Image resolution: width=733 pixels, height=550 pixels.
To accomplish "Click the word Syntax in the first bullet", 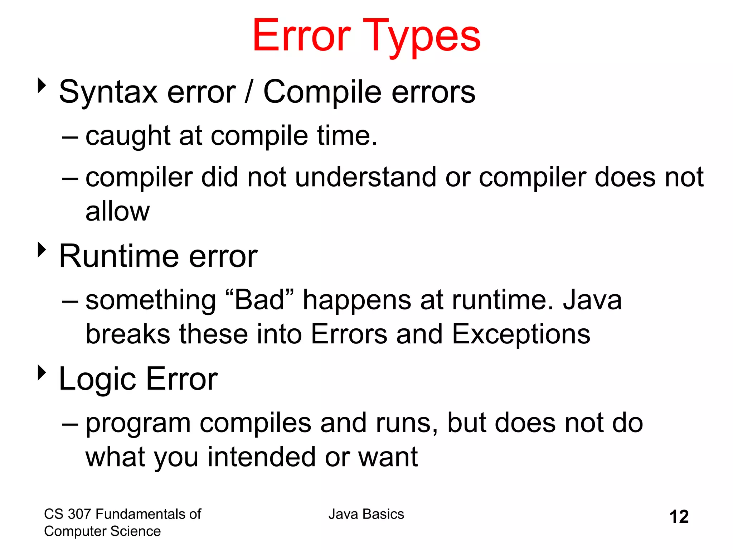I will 108,92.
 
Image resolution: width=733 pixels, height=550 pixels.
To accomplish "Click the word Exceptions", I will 521,334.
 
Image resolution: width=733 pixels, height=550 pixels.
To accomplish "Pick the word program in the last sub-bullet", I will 138,424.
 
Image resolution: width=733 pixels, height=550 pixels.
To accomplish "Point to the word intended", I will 262,457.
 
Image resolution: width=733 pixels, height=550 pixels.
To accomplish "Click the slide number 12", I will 679,517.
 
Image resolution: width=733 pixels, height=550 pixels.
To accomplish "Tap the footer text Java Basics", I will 366,514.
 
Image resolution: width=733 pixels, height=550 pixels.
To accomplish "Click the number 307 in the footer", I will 79,514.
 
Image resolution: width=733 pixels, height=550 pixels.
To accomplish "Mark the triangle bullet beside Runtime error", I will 42,250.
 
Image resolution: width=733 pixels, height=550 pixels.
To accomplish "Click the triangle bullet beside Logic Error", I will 42,372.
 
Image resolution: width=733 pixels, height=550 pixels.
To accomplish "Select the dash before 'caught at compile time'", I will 70,137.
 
